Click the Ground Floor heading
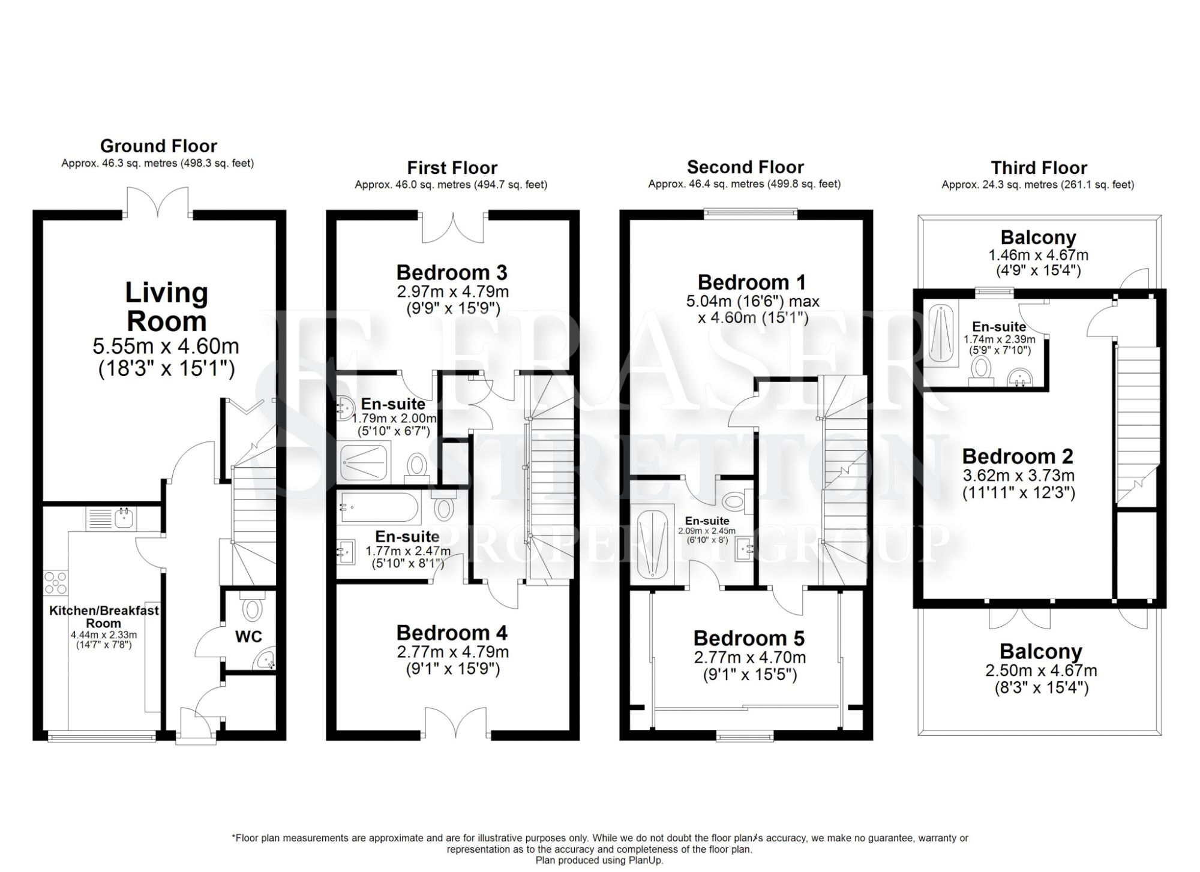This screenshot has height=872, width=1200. pyautogui.click(x=158, y=146)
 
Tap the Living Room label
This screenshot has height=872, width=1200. pyautogui.click(x=166, y=307)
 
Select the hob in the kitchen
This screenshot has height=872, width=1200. pyautogui.click(x=56, y=582)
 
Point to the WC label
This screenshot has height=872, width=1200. pyautogui.click(x=248, y=636)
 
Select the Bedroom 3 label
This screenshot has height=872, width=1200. pyautogui.click(x=451, y=273)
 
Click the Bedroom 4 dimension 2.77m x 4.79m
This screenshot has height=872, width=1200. pyautogui.click(x=452, y=651)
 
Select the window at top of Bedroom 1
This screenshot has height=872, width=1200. pyautogui.click(x=750, y=212)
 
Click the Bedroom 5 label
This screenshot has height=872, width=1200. pyautogui.click(x=749, y=638)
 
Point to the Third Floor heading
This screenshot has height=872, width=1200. pyautogui.click(x=1039, y=167)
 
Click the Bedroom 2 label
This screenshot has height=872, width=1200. pyautogui.click(x=1017, y=456)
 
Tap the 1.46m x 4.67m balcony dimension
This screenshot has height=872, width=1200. pyautogui.click(x=1038, y=255)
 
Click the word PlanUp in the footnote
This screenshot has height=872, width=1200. pyautogui.click(x=646, y=860)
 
